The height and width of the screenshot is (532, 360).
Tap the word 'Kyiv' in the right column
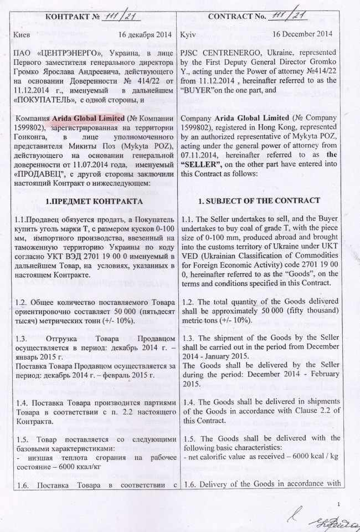pyautogui.click(x=189, y=34)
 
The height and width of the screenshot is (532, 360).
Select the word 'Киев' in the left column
pyautogui.click(x=21, y=34)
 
